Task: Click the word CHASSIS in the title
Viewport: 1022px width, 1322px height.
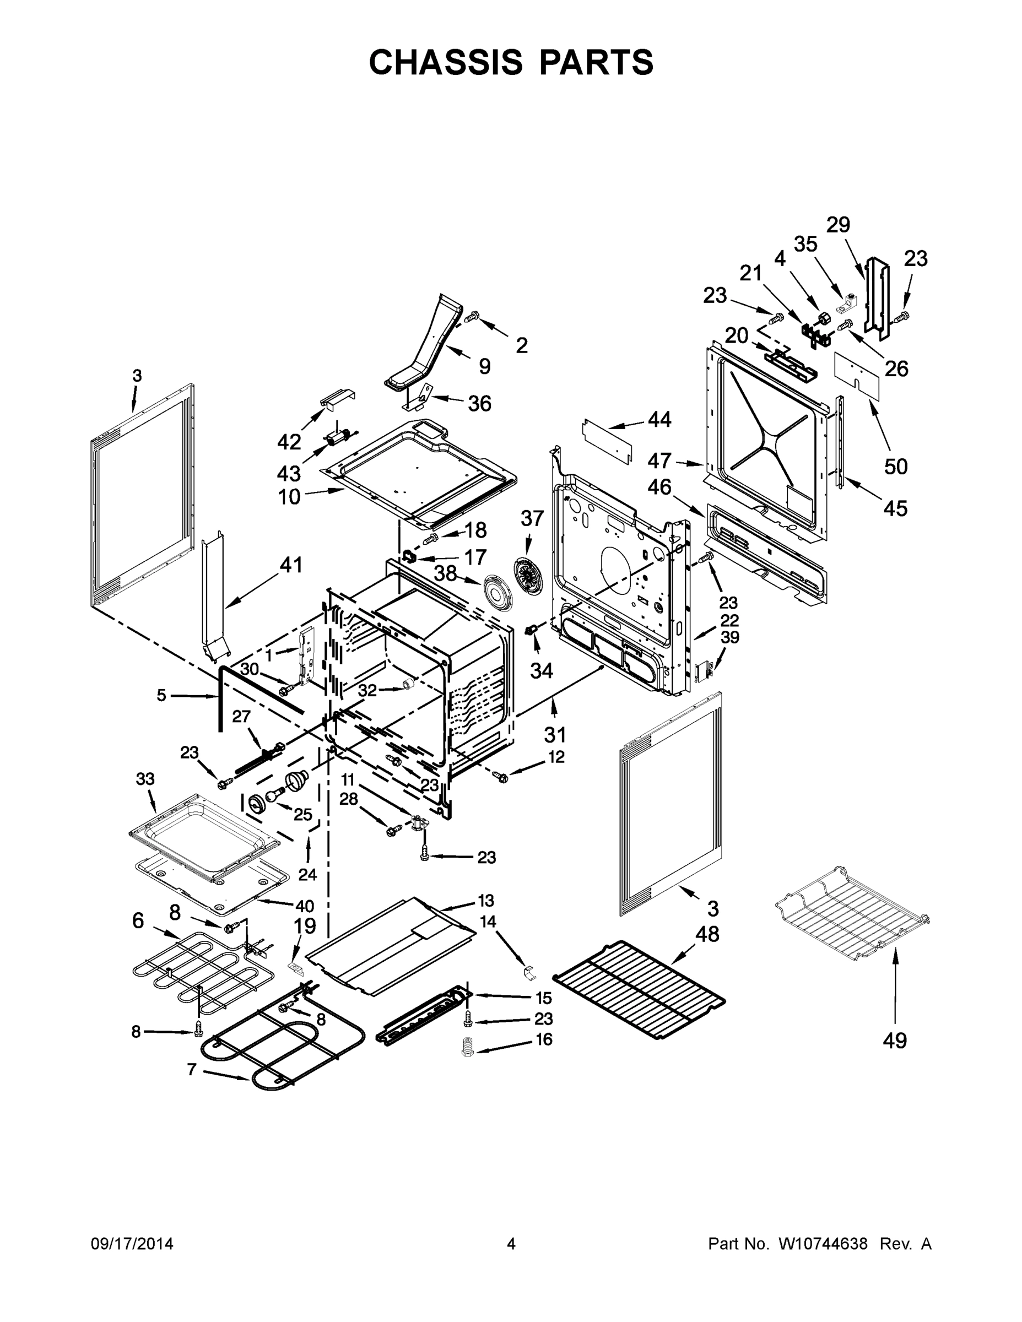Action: point(446,62)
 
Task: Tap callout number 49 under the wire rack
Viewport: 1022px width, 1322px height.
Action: point(894,1041)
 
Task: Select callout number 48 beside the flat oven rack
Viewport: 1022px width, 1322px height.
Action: point(707,934)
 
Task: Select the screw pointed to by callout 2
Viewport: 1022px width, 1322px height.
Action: point(472,317)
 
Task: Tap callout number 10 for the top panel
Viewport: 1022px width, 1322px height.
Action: point(289,497)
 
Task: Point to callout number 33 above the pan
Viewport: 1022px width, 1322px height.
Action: point(145,779)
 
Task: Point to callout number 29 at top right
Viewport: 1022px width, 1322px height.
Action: point(839,225)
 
